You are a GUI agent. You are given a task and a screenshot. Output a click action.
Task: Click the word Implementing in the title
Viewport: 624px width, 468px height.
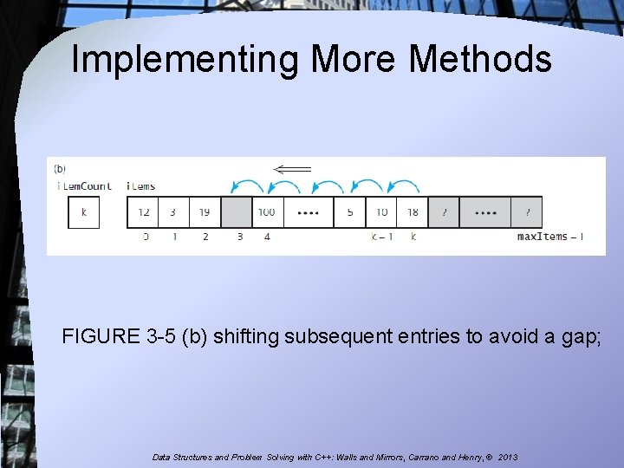pos(185,60)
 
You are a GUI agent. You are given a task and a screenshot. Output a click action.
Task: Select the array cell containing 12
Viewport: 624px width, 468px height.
pos(143,212)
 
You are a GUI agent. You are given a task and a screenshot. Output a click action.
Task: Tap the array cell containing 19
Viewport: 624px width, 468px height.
pos(205,212)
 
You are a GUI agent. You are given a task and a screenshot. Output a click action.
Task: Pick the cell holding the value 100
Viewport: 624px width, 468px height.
pos(267,212)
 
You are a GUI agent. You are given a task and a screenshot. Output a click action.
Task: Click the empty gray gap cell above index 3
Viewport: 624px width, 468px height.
pos(237,212)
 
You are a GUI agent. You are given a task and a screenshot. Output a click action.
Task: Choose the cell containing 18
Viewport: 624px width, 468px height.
pos(413,212)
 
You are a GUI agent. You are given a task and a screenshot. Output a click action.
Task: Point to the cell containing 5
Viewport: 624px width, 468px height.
pos(350,212)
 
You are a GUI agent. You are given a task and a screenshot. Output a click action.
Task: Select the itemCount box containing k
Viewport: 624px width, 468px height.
pos(84,212)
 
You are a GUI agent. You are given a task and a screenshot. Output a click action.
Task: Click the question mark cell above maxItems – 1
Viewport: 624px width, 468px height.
pos(527,212)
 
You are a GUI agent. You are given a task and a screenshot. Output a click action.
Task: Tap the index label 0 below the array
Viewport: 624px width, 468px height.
pos(145,237)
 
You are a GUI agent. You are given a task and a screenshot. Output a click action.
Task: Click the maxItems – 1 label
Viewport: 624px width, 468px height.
pos(549,237)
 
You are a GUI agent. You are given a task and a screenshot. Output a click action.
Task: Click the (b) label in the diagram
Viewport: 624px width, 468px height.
pos(60,169)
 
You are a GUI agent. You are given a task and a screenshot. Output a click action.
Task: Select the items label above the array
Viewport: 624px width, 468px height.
pos(140,186)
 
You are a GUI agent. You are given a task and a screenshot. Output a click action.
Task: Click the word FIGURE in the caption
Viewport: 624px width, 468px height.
pos(96,336)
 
